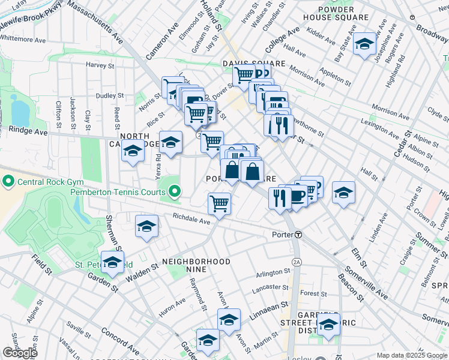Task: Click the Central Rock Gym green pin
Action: (8, 181)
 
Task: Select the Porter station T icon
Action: (298, 234)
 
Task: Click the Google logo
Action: (20, 353)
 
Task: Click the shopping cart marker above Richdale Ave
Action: (220, 204)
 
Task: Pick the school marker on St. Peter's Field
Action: (112, 263)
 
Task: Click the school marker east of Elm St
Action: (343, 193)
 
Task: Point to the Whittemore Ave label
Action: (23, 40)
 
